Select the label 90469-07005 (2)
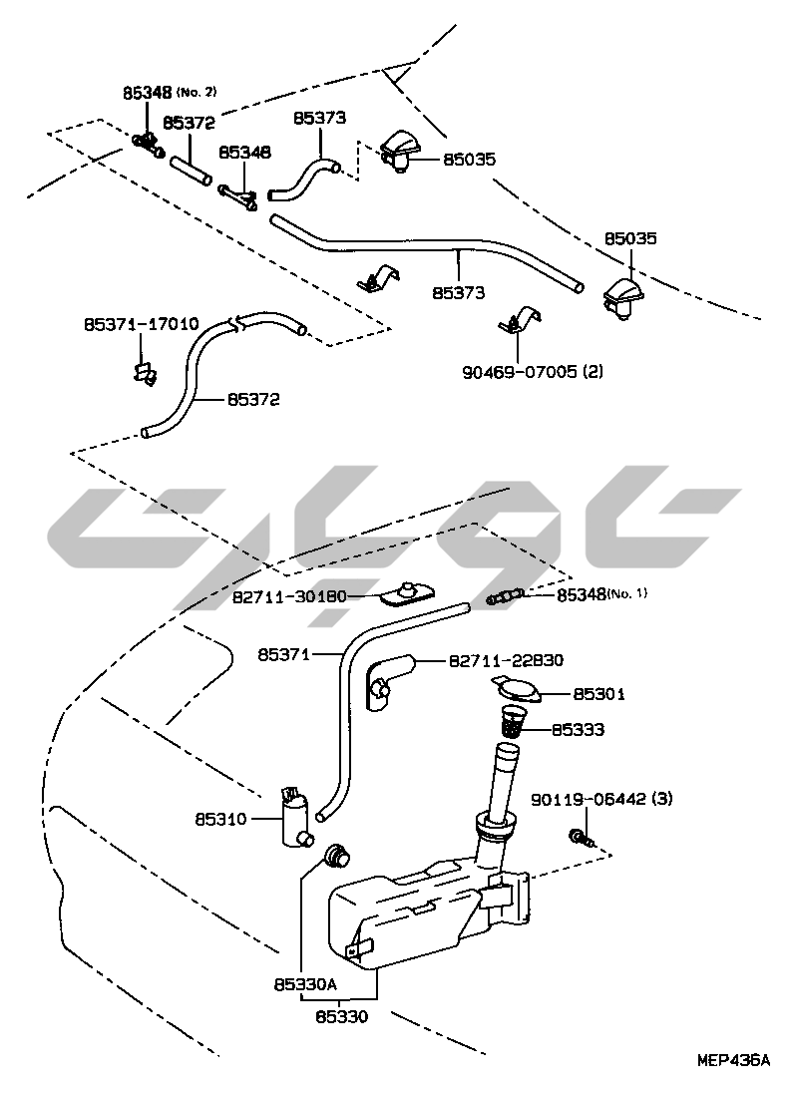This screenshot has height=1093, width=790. click(x=533, y=372)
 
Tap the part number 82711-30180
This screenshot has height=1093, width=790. click(x=289, y=596)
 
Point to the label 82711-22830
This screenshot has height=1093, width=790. click(x=506, y=660)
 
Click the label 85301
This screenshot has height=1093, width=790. click(x=598, y=692)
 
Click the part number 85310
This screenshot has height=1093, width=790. click(x=219, y=821)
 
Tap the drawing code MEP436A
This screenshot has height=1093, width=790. click(x=733, y=1061)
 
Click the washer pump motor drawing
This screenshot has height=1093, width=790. click(x=295, y=815)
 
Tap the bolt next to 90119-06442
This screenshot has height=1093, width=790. click(x=579, y=836)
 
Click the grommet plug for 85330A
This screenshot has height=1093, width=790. click(x=340, y=854)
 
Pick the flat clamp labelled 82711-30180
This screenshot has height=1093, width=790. click(x=403, y=594)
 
